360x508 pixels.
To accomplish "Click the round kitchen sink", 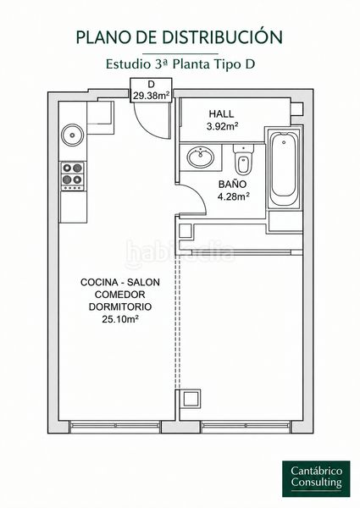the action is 72,135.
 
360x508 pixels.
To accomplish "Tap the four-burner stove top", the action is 73,176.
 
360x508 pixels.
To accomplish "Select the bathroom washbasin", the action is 201,157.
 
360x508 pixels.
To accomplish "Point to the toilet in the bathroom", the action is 243,160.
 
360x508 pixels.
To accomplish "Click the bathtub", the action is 284,169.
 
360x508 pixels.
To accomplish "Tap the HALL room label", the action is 221,114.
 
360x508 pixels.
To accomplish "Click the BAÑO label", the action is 232,185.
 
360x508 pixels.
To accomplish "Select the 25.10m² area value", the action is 120,319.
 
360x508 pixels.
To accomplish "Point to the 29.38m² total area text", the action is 152,96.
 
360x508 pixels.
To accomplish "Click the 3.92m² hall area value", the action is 223,126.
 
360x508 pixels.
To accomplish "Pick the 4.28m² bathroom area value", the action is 233,196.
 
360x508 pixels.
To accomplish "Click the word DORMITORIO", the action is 120,306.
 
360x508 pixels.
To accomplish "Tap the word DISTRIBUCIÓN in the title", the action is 222,36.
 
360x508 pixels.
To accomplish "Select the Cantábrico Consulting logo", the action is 316,478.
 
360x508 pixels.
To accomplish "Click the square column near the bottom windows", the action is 190,399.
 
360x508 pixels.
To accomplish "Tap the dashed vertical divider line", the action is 177,322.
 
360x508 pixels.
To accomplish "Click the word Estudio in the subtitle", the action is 127,63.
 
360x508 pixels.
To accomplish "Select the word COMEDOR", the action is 120,295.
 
